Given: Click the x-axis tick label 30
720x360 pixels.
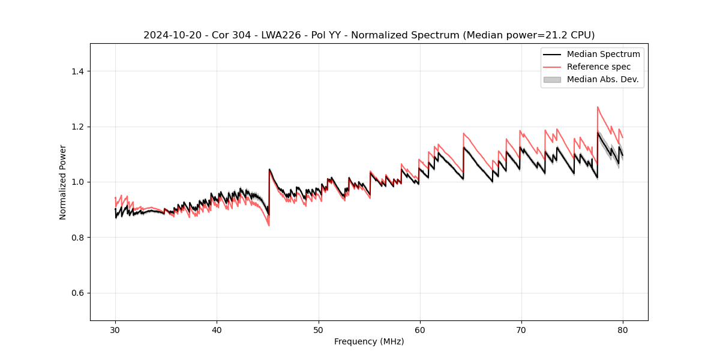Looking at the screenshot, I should (115, 329).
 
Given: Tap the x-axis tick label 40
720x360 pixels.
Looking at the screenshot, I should (217, 329).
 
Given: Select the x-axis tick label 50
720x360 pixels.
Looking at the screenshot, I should (318, 329).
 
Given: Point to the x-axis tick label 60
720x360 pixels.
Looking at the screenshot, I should (420, 329).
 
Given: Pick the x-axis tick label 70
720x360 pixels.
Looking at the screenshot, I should (521, 329).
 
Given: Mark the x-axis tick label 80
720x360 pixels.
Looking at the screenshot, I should (623, 329).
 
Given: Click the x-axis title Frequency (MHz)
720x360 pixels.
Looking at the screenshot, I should (369, 341).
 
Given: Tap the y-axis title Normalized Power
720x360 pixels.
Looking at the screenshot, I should (63, 182).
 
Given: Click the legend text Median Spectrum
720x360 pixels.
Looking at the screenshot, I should (603, 54).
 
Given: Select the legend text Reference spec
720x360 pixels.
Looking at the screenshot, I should (599, 67).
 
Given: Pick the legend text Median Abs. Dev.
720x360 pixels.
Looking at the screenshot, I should (602, 79).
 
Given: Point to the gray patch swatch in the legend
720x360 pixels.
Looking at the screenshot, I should (552, 79).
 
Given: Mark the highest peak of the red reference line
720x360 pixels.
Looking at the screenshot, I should (598, 107).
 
